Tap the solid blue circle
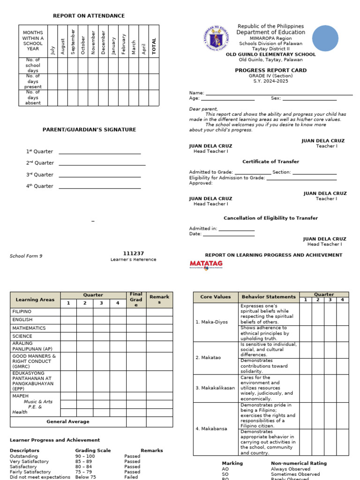325,38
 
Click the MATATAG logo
206,265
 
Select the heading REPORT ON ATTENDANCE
89,16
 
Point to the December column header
103,42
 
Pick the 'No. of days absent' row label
33,97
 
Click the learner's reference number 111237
133,253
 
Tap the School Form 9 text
26,256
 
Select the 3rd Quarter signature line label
39,175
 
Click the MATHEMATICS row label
29,328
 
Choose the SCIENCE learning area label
22,336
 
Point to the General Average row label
67,422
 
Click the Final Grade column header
136,299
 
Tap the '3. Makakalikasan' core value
215,388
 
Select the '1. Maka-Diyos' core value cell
211,322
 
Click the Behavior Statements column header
269,297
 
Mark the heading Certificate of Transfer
270,162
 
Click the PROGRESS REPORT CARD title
270,70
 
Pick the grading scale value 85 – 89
85,461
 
